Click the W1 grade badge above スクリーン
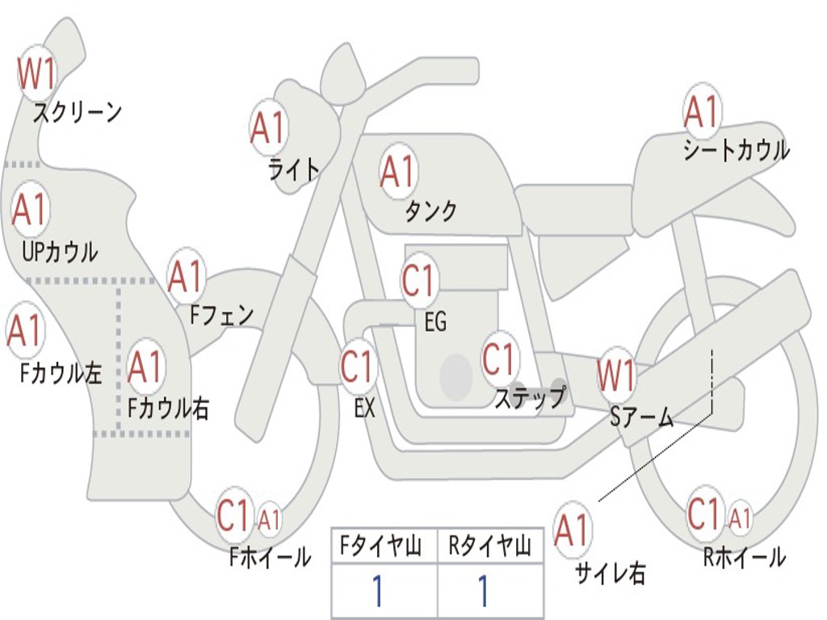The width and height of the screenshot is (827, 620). click(36, 74)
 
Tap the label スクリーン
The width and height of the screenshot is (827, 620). click(77, 112)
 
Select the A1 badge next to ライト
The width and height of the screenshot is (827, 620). click(269, 127)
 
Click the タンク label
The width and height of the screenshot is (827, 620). click(430, 211)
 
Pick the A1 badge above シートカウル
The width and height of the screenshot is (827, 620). click(701, 111)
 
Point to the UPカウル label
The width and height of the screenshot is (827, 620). click(59, 252)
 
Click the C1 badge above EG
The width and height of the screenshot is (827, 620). click(419, 281)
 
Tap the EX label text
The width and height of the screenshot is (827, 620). click(364, 408)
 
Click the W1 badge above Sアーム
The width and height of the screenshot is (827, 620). click(617, 375)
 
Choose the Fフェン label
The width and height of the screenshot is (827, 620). click(222, 314)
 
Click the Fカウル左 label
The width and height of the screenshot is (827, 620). click(61, 373)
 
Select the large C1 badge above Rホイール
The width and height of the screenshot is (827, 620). click(703, 513)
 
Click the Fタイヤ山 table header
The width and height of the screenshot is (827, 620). click(384, 547)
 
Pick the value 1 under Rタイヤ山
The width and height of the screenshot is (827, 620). click(483, 592)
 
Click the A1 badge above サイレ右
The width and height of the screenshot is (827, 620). click(572, 530)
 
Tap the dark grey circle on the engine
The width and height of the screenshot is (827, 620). click(456, 375)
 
